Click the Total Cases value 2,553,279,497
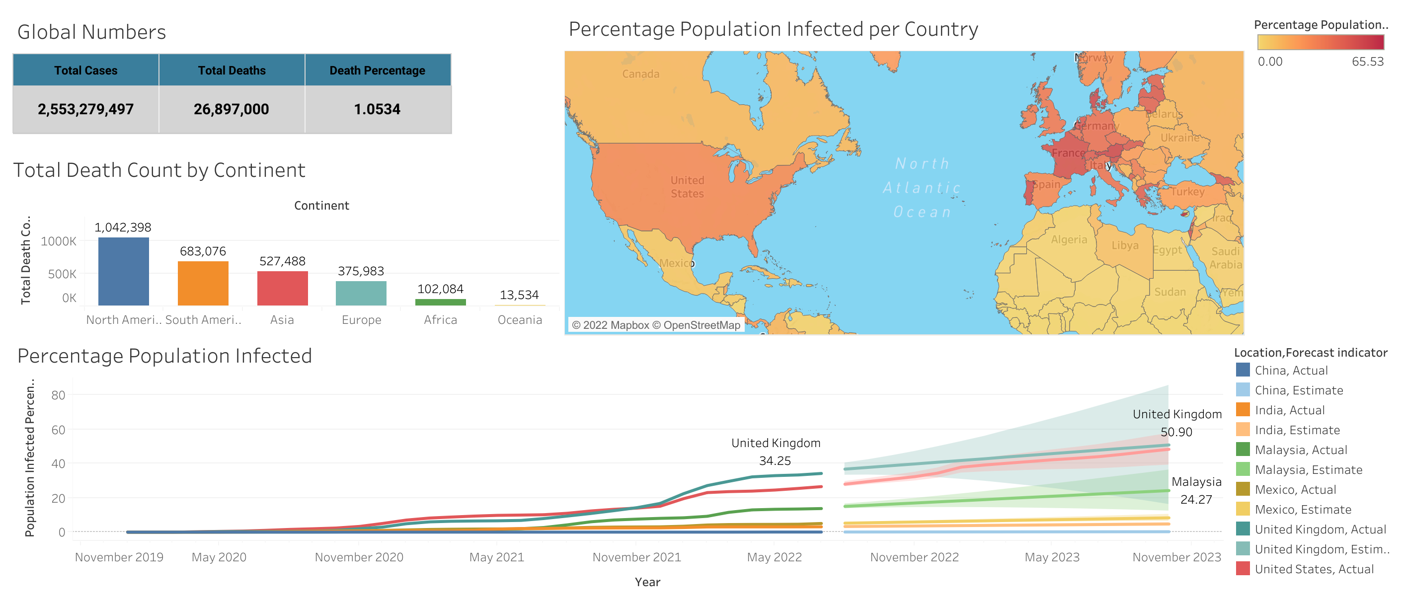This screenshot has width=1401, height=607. pos(85,109)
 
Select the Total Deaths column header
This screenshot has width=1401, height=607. pos(232,70)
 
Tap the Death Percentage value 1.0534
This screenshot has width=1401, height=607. pos(377,109)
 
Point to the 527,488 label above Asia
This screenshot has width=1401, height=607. pos(282,261)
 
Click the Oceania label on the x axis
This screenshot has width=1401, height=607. pos(519,320)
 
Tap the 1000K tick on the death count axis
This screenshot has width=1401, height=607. pos(59,241)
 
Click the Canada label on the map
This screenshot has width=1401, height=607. pos(641,74)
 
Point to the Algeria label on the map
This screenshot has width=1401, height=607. pos(1069,240)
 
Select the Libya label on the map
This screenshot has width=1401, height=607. pos(1125,245)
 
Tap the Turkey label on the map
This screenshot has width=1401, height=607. pos(1187,191)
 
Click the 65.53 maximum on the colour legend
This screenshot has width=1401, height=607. pos(1367,62)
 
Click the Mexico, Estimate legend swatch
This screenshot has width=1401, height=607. pos(1243,509)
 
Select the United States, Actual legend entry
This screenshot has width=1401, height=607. pos(1314,569)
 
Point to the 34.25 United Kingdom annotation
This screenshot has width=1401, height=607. pos(775,460)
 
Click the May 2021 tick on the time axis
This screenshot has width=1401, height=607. pos(496,557)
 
